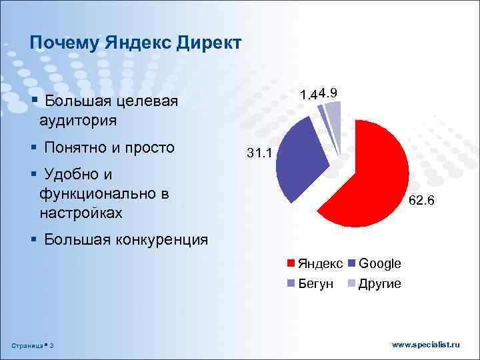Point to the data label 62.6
point(421,199)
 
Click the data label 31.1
point(259,154)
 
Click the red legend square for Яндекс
point(291,264)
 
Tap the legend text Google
point(379,264)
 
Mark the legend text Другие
point(379,284)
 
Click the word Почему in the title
point(64,43)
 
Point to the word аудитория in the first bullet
point(78,121)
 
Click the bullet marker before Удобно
point(34,174)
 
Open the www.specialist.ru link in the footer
point(426,344)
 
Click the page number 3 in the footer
point(52,345)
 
